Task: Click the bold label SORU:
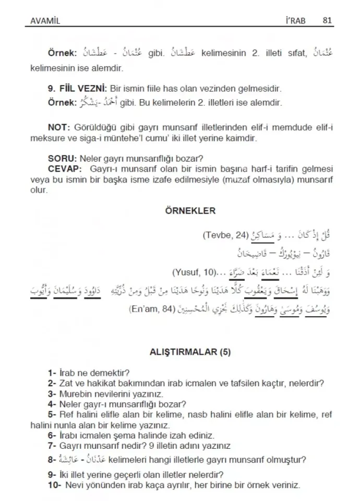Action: click(61, 159)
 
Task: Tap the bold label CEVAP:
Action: click(65, 170)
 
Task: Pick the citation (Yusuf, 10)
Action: click(193, 272)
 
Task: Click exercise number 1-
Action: click(52, 373)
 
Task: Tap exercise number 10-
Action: click(54, 485)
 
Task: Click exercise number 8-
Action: click(52, 460)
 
